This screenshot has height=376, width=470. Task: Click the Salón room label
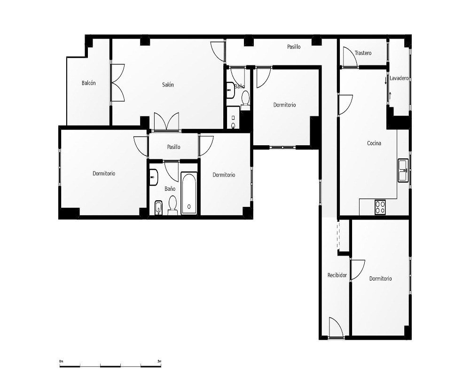(x=168, y=85)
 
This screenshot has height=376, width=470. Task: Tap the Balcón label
(x=89, y=83)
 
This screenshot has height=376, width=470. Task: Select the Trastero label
(x=363, y=53)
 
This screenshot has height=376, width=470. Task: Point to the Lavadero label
(x=399, y=78)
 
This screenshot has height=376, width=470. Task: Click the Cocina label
(x=374, y=143)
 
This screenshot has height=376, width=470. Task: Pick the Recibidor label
(x=337, y=275)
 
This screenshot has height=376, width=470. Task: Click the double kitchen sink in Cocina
(x=403, y=170)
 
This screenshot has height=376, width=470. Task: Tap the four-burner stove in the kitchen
(x=380, y=207)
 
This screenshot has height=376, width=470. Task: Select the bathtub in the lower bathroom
(x=189, y=193)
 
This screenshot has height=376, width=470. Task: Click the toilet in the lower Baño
(x=172, y=205)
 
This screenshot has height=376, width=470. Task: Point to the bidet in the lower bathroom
(x=158, y=208)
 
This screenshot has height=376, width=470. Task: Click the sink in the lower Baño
(x=154, y=177)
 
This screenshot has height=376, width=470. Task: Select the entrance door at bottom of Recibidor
(x=336, y=328)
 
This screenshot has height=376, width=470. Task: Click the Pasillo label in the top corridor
(x=294, y=47)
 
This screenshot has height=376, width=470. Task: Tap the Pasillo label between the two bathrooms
(x=173, y=147)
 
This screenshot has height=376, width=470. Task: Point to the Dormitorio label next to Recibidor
(x=380, y=279)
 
